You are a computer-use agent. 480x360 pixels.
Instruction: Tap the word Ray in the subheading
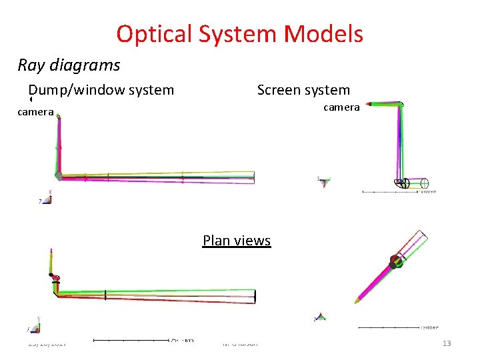tap(29, 65)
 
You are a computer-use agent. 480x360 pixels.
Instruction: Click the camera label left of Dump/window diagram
tap(35, 112)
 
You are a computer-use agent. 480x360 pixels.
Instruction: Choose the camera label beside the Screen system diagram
tap(341, 107)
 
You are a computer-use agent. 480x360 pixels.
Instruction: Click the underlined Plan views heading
tap(237, 240)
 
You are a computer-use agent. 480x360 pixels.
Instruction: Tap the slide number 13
tap(447, 343)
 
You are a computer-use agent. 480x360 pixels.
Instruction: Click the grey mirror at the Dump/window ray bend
tap(59, 176)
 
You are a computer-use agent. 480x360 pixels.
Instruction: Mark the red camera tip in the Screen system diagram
tap(401, 104)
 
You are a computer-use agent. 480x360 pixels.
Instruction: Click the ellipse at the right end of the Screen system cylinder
tap(426, 183)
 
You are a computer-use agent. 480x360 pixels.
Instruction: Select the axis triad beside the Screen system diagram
tap(324, 181)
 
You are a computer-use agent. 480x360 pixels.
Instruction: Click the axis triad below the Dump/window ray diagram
tap(47, 198)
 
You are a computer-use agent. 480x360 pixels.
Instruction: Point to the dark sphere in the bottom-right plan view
tap(395, 261)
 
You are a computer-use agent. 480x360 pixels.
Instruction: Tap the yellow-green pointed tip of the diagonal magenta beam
tap(358, 302)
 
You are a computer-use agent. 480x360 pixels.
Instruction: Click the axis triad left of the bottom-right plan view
tap(321, 317)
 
